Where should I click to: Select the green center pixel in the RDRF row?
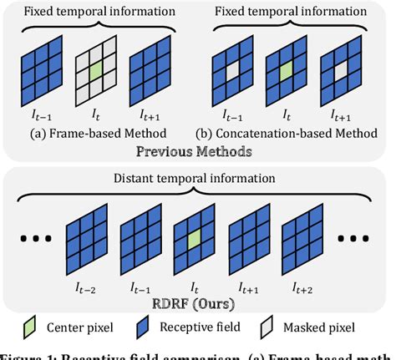(x=196, y=241)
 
